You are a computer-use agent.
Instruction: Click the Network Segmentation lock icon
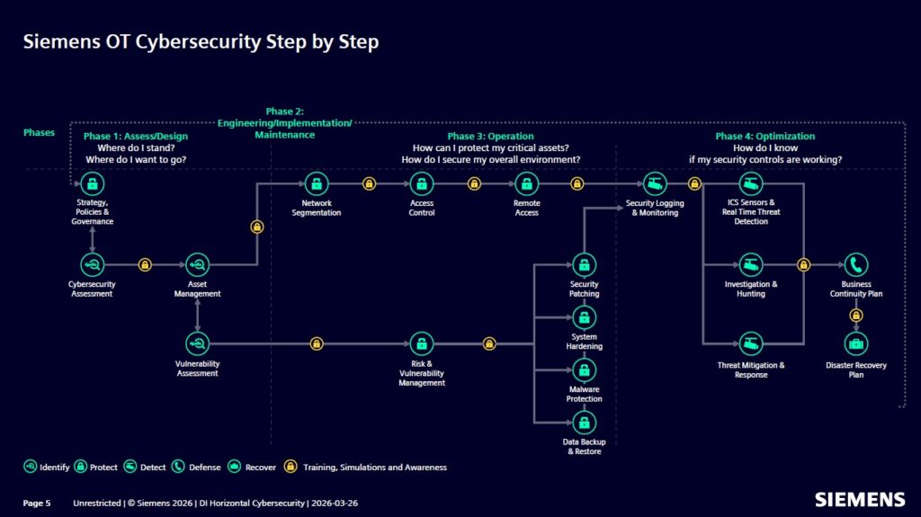click(x=316, y=184)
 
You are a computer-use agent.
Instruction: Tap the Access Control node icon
click(x=421, y=184)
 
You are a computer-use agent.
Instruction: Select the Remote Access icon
click(x=526, y=184)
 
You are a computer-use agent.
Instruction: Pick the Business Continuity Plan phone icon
click(x=856, y=264)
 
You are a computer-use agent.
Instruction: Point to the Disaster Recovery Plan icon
click(x=856, y=343)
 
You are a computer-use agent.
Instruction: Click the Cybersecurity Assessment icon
click(x=92, y=264)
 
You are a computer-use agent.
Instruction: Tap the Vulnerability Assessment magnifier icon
click(x=197, y=343)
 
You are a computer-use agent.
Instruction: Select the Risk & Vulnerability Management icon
click(x=421, y=343)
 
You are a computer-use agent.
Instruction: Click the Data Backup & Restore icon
click(x=584, y=423)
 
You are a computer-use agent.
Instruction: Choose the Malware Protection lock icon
click(x=584, y=370)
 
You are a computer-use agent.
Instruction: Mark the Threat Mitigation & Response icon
click(x=751, y=343)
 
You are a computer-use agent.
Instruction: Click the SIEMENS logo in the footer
click(x=859, y=500)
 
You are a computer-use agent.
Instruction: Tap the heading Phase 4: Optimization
click(x=765, y=137)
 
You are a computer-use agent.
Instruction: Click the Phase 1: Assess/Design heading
click(x=136, y=137)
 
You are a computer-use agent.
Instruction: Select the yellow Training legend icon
click(x=291, y=467)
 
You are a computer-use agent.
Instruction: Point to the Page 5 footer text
click(x=37, y=503)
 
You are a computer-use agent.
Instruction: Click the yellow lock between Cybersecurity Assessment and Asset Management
click(x=144, y=264)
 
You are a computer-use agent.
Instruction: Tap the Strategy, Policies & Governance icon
click(x=92, y=184)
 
